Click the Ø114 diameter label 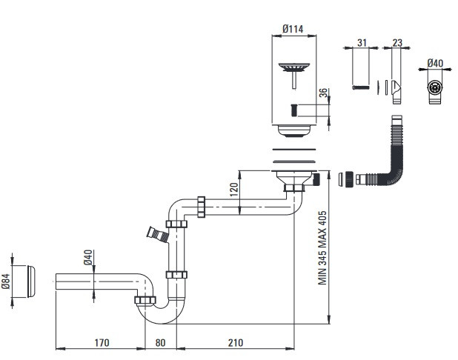[293, 29]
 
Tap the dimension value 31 [362, 43]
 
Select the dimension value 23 [397, 43]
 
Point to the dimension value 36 [323, 93]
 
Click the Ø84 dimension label [6, 281]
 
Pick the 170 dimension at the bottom [102, 342]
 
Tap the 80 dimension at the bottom [160, 342]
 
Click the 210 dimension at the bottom [236, 342]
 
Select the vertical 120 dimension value [234, 190]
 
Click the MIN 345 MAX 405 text [322, 248]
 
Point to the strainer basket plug [293, 75]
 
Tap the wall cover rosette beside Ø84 [31, 281]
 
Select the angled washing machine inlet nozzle [158, 234]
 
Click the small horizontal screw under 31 [361, 87]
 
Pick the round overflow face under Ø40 [434, 88]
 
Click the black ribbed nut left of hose [348, 179]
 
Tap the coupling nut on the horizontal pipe [201, 207]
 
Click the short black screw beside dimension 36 [293, 110]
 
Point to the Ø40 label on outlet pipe [88, 257]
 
